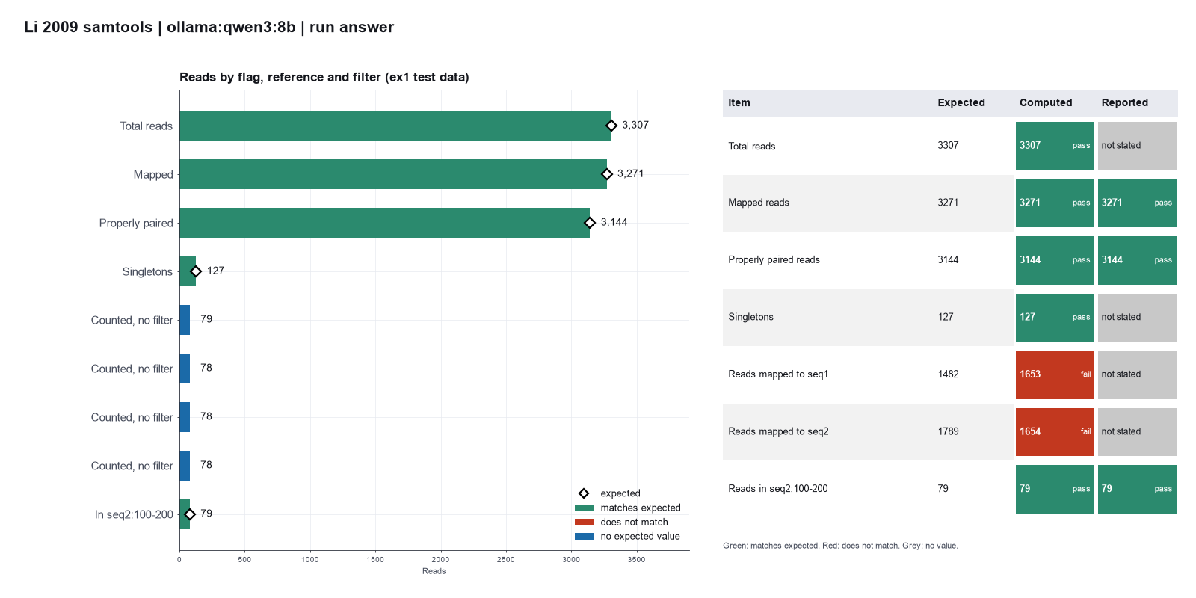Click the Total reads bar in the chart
point(395,126)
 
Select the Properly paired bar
point(384,223)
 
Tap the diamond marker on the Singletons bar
point(196,271)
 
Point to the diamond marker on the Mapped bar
point(606,174)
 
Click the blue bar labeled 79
point(185,320)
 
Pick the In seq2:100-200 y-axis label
point(134,514)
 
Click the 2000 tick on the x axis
point(440,560)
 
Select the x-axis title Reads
point(434,571)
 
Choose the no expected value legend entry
point(627,537)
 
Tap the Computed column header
point(1046,102)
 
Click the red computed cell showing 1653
point(1055,374)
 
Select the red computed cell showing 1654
point(1055,432)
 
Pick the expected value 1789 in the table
point(948,431)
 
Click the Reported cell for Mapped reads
point(1137,203)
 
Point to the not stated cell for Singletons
point(1137,318)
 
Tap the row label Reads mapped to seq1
point(778,374)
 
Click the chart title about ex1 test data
point(324,78)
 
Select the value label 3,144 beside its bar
point(614,222)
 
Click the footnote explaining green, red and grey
point(840,546)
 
